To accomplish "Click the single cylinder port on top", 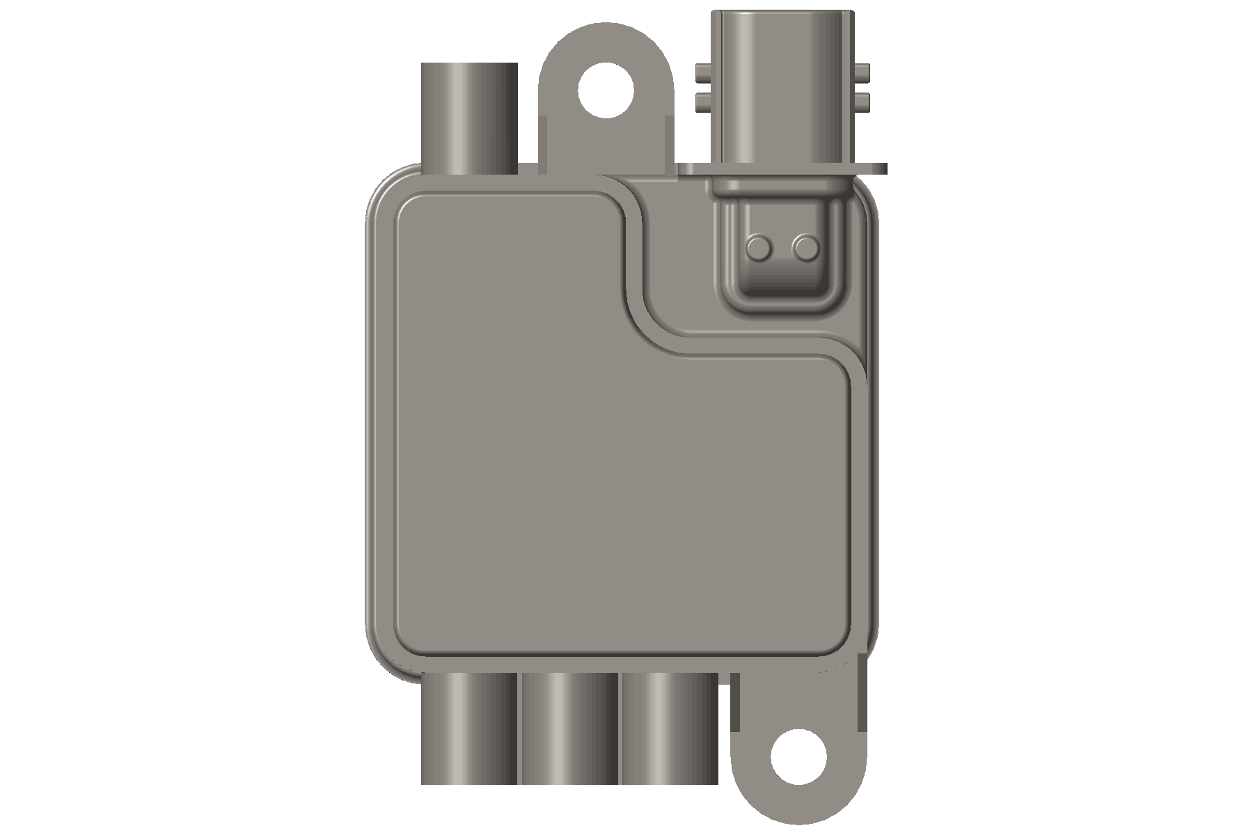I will (x=469, y=118).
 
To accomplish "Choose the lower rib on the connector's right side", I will (x=862, y=103).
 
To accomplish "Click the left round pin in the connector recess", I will (x=759, y=246).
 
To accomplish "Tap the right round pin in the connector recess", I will (x=806, y=246).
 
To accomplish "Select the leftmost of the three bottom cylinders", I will (x=469, y=727).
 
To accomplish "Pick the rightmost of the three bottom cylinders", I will (x=668, y=727).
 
